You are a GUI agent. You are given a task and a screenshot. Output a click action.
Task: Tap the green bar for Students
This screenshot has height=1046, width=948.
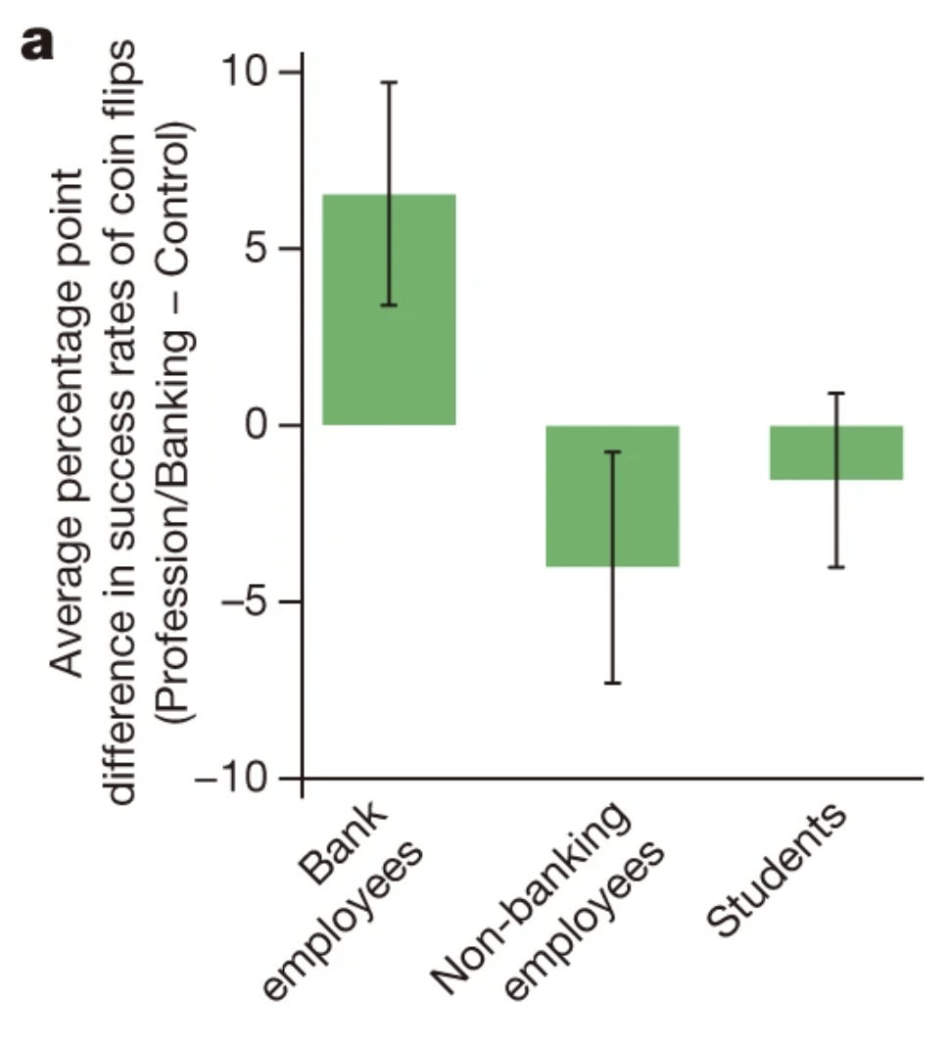point(835,452)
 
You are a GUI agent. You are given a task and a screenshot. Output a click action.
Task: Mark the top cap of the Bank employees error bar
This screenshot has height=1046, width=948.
point(389,82)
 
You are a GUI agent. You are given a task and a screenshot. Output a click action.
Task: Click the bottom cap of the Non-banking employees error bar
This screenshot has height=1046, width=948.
point(612,683)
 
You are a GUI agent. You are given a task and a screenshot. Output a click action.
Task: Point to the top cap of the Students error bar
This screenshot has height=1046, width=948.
point(835,393)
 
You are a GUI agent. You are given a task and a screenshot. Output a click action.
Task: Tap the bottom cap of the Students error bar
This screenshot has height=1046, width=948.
point(835,567)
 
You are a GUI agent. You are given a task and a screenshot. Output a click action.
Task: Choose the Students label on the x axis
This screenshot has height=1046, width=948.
point(777,873)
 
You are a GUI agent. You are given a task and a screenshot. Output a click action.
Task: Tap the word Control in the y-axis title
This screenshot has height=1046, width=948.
point(181,186)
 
